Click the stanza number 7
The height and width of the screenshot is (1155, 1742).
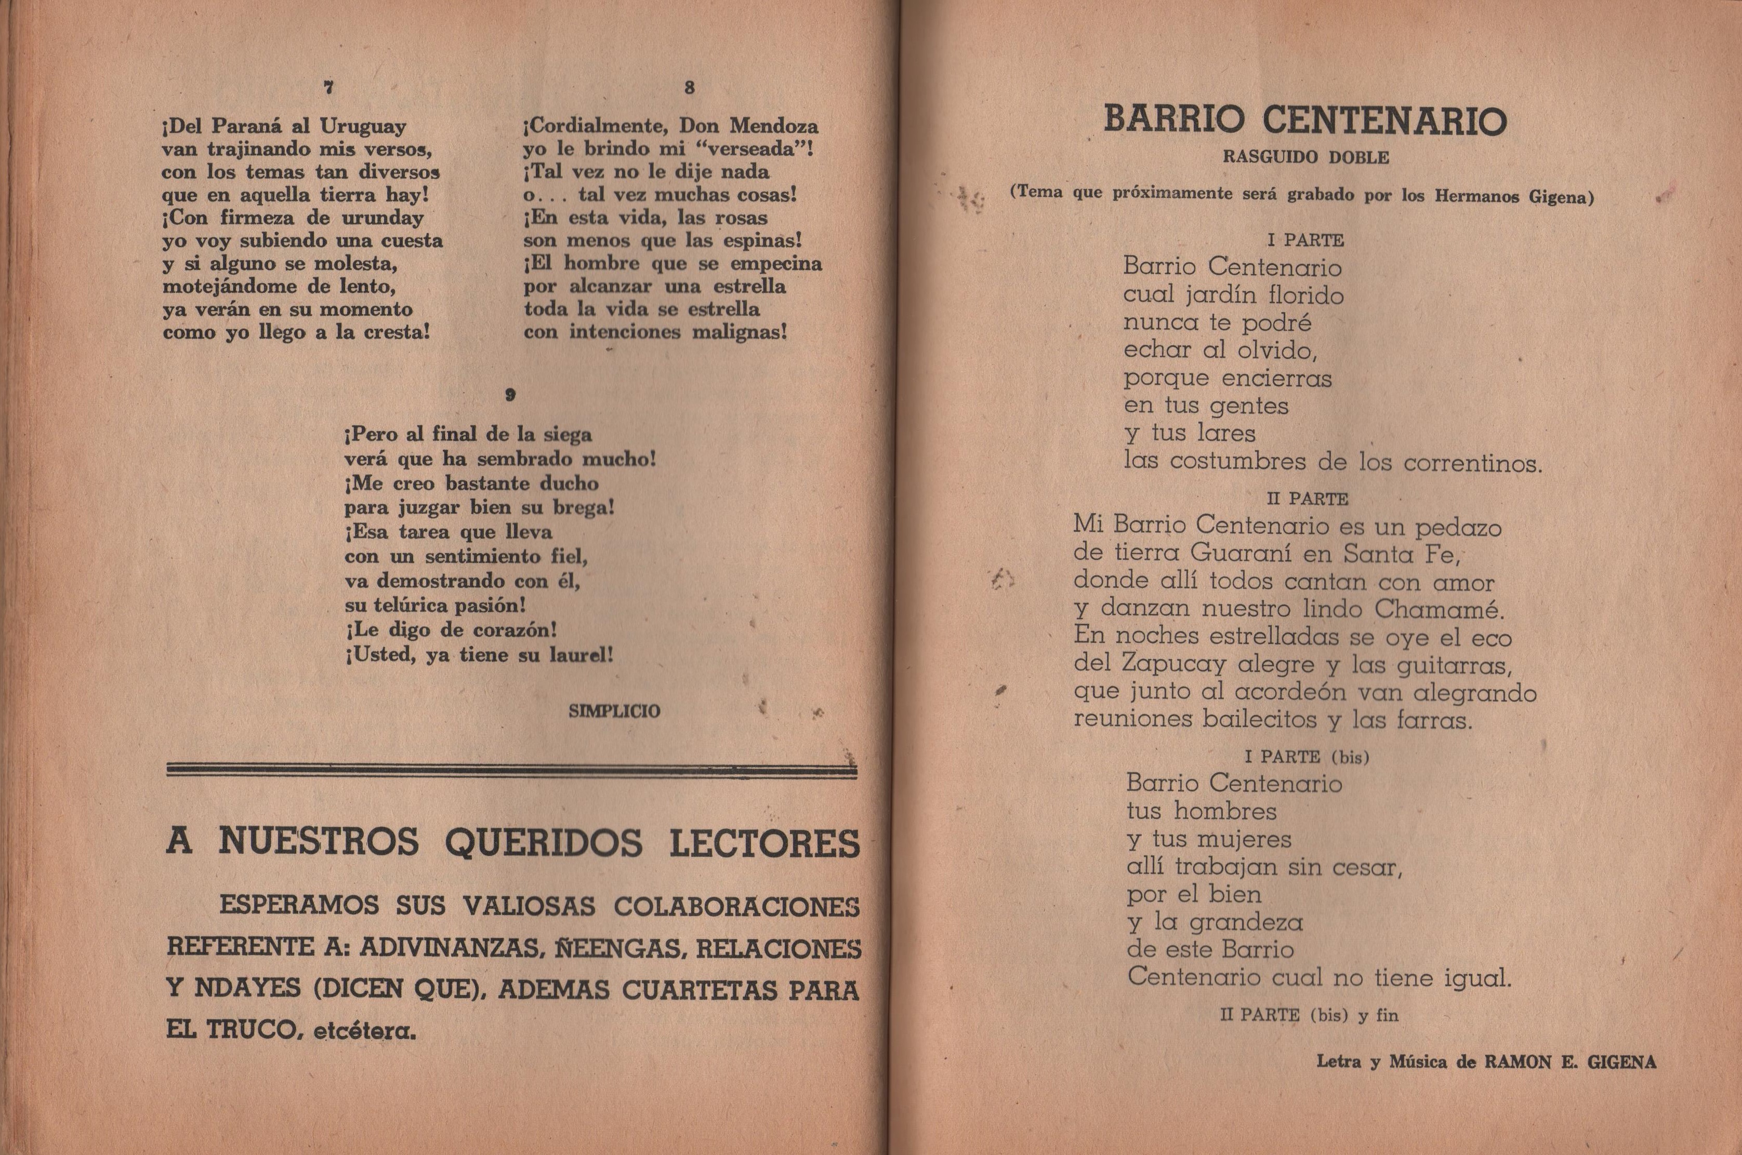click(328, 87)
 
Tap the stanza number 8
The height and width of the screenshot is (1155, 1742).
click(689, 87)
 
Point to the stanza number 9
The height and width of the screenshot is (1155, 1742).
click(510, 395)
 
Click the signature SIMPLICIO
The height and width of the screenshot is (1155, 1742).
click(615, 711)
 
